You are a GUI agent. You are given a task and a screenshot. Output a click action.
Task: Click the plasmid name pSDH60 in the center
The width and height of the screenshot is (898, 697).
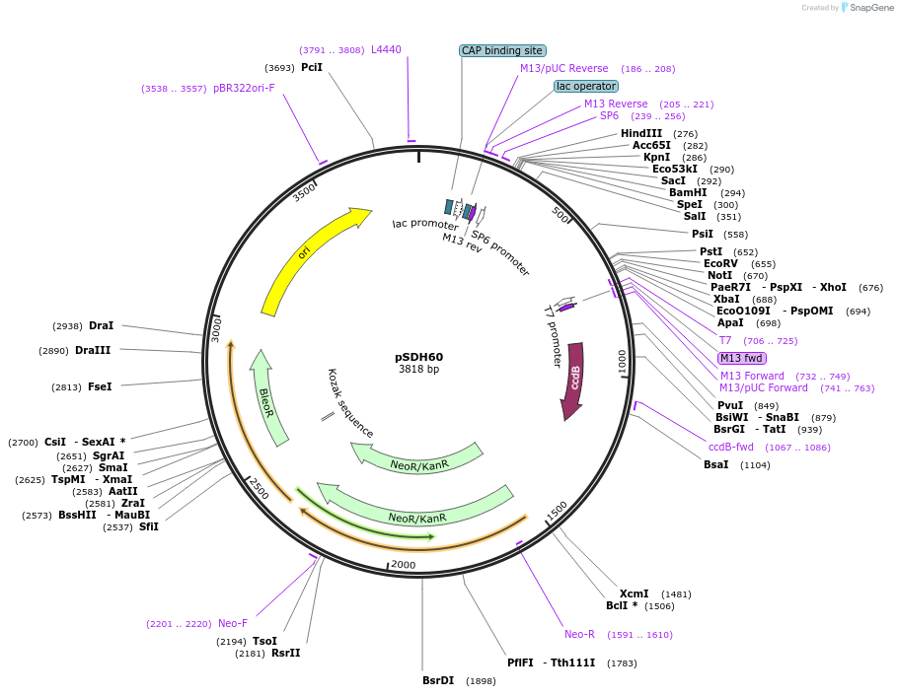pos(419,357)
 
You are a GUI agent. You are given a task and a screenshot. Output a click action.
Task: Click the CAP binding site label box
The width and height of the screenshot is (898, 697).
pos(503,50)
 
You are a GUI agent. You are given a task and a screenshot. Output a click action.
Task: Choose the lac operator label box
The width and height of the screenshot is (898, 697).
pos(586,86)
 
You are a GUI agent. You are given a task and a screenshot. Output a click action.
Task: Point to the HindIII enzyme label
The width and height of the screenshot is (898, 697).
pos(641,133)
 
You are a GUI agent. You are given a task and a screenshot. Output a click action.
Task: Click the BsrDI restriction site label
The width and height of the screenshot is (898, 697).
pos(438,680)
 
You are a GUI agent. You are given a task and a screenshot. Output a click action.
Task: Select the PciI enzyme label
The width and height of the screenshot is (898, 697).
pos(312,67)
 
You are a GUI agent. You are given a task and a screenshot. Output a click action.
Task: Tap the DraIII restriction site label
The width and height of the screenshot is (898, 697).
pos(93,350)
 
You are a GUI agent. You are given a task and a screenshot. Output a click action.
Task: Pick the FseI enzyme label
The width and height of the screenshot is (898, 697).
pos(100,386)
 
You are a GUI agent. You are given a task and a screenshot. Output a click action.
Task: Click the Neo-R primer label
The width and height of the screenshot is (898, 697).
pos(579,634)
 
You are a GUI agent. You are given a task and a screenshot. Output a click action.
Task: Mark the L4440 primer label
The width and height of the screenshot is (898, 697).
pos(386,49)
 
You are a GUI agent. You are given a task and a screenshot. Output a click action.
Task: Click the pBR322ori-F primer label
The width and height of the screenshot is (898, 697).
pos(244,88)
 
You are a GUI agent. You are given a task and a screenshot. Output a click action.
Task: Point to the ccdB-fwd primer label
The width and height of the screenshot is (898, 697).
pos(730,447)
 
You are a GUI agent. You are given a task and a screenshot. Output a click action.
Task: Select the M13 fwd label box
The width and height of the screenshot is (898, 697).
pos(741,358)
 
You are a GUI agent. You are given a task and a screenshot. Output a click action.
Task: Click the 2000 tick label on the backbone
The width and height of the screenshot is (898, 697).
pos(404,564)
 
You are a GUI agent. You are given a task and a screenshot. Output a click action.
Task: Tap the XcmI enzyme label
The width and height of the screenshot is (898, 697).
pos(635,593)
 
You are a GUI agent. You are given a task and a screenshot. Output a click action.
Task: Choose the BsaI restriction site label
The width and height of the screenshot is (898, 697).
pos(716,464)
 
